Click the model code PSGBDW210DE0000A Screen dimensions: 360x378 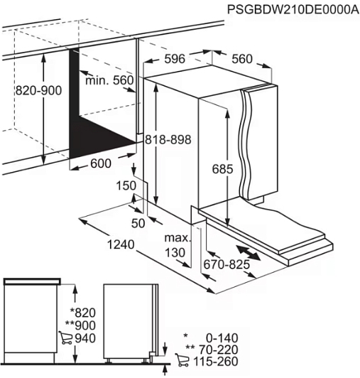tap(293, 10)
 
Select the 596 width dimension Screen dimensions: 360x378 tap(175, 59)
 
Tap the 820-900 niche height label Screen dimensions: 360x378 tap(38, 91)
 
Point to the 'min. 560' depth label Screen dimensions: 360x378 tap(109, 80)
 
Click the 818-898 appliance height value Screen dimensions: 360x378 tap(168, 139)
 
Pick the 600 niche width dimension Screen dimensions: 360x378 tap(101, 163)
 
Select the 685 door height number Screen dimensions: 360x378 tap(222, 169)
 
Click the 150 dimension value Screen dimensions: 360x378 tap(126, 186)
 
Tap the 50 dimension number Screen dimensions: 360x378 tap(138, 224)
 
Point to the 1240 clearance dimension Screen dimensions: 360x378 tap(121, 244)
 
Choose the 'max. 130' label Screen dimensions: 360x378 tap(178, 245)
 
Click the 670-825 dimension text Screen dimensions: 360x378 tap(227, 265)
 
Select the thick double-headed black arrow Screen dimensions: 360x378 tap(249, 253)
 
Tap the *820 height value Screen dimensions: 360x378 tap(82, 313)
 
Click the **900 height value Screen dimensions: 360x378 tap(80, 325)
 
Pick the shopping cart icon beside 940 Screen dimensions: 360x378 tap(65, 337)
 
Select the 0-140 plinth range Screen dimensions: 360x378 tap(222, 338)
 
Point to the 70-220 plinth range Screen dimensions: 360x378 tap(219, 350)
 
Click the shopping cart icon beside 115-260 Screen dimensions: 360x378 tap(182, 361)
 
